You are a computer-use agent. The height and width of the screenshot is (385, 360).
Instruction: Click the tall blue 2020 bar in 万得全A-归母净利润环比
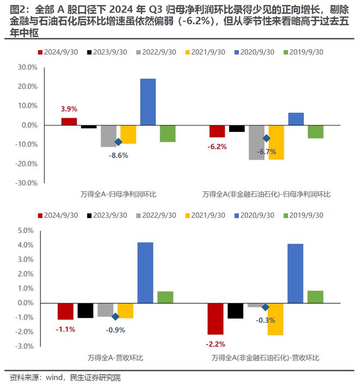[x=148, y=102]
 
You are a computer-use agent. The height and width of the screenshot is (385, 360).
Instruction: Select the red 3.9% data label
[x=69, y=109]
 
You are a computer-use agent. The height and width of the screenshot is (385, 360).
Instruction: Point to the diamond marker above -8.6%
[x=118, y=142]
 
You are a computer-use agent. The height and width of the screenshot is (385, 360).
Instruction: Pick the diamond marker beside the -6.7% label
[x=267, y=139]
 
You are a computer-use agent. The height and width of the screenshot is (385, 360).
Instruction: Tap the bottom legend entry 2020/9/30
[x=255, y=215]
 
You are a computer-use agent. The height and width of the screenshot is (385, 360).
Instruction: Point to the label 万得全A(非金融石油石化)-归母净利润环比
[x=266, y=194]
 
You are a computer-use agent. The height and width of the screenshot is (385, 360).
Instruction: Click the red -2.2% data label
[x=215, y=344]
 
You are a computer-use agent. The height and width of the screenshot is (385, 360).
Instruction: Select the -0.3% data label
[x=266, y=320]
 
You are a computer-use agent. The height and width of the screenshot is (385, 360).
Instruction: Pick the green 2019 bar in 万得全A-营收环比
[x=165, y=297]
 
